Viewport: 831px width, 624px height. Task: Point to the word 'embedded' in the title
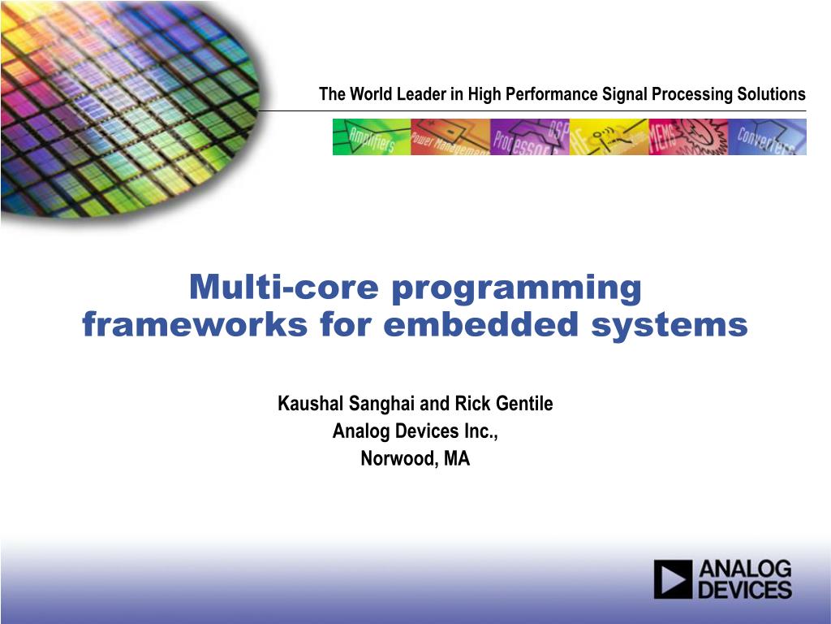471,326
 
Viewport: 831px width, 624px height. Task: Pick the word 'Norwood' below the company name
398,459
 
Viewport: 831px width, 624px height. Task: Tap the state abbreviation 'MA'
457,459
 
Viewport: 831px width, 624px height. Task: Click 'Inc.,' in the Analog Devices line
479,431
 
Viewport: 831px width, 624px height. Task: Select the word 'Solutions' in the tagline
771,94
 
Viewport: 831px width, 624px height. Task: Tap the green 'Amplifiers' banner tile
372,136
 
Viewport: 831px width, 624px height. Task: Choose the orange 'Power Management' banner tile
450,136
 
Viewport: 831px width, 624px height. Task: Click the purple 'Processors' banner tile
529,136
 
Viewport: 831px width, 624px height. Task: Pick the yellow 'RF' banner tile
609,136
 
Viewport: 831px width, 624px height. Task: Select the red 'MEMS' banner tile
687,136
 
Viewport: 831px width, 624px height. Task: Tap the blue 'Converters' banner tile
767,136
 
